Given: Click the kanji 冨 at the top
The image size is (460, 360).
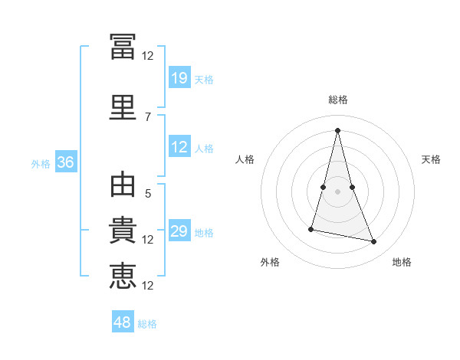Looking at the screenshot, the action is point(123,47).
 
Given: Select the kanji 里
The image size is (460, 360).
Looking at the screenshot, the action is point(123,107).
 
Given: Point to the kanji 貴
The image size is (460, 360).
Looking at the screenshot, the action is point(123,230).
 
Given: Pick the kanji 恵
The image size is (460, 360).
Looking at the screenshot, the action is point(123,276).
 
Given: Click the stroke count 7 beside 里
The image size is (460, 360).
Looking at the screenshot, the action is point(148,117).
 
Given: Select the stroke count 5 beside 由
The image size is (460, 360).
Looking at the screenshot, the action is point(148,194).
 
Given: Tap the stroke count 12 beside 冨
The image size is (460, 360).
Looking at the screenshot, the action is point(147,56).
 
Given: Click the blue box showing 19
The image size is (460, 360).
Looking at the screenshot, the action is point(180,77).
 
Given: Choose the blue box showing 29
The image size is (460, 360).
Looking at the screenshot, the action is point(180,230).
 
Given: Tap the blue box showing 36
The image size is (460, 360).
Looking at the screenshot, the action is point(66,162).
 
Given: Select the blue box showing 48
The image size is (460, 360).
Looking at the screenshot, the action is point(123,321).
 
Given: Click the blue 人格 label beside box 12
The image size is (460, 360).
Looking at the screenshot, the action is point(204,149).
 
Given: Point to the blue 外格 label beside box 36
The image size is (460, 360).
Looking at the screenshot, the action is point(41,164).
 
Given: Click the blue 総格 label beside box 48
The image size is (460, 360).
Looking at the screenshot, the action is point(147,324).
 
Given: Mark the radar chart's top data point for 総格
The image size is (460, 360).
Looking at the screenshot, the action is point(337,130).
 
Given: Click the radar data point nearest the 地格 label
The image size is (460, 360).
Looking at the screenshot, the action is point(374,241).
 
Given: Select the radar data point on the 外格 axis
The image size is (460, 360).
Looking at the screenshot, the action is point(311,229).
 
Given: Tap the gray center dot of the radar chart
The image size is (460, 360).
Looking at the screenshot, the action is point(337,191).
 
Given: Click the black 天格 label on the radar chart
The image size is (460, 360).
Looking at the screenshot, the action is point(431,159).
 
